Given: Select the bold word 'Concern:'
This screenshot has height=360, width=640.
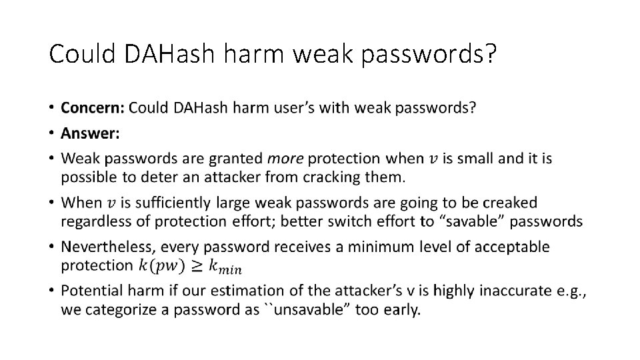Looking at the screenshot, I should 92,108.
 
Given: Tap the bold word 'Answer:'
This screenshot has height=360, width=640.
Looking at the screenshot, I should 90,133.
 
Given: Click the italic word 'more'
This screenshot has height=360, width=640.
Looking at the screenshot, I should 285,159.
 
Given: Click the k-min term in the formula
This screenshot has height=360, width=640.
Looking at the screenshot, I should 225,267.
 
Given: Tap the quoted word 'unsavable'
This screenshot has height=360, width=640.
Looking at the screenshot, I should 297,310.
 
